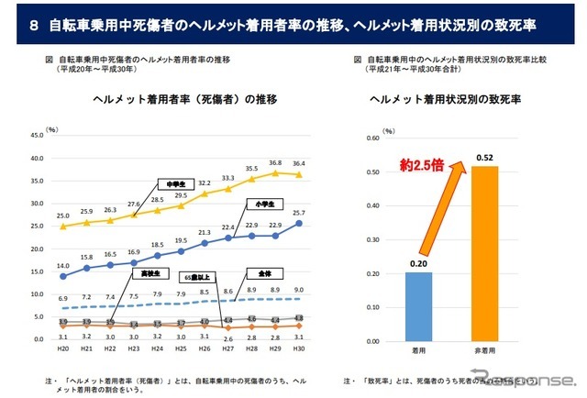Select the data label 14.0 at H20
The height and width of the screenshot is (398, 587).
(62, 265)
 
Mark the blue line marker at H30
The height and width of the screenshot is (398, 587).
(299, 223)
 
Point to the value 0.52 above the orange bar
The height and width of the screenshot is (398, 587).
(486, 157)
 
